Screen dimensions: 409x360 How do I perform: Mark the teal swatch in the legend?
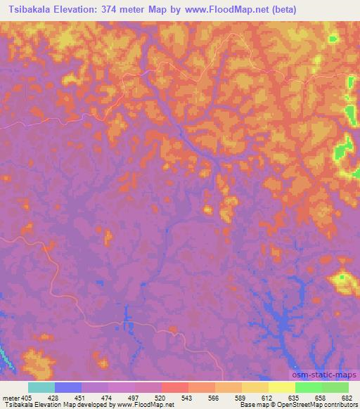click(x=41, y=387)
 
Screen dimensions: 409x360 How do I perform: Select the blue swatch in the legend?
click(x=68, y=387)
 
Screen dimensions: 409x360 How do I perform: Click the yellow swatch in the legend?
click(x=282, y=387)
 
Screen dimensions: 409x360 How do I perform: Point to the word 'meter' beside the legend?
click(x=11, y=398)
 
